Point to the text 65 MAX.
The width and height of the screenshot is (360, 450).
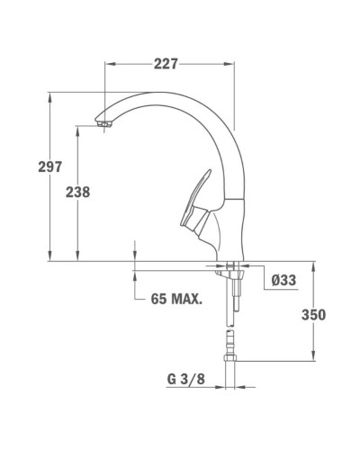[176, 298]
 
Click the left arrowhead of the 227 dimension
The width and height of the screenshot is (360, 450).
[110, 64]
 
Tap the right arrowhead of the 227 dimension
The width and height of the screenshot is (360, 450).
[233, 64]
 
